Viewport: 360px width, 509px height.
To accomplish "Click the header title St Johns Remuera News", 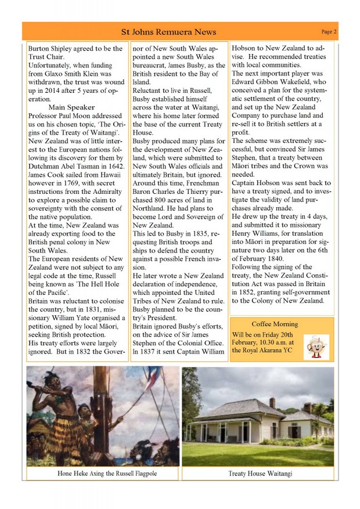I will pyautogui.click(x=168, y=32).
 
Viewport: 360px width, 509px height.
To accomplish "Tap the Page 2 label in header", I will pyautogui.click(x=329, y=31).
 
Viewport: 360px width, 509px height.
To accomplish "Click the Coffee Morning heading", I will pyautogui.click(x=275, y=324).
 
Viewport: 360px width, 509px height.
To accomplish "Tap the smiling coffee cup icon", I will pyautogui.click(x=317, y=345).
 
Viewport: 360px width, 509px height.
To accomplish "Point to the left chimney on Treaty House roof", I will pyautogui.click(x=272, y=402).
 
